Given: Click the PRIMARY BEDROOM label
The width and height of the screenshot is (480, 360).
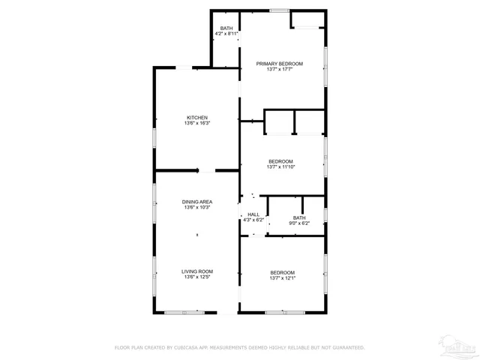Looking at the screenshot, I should pyautogui.click(x=279, y=64).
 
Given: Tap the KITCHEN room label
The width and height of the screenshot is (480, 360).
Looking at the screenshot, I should pyautogui.click(x=197, y=118).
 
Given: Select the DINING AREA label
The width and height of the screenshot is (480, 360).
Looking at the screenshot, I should pyautogui.click(x=196, y=202).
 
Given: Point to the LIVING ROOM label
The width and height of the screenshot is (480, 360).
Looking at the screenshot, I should pyautogui.click(x=196, y=271).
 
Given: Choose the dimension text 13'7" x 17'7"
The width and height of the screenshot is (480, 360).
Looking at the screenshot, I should pyautogui.click(x=279, y=70).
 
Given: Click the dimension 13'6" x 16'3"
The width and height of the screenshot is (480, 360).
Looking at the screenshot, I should pyautogui.click(x=197, y=124).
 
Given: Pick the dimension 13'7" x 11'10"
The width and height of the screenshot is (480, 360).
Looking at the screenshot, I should pyautogui.click(x=281, y=167).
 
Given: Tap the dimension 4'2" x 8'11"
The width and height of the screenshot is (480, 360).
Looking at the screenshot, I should pyautogui.click(x=226, y=34).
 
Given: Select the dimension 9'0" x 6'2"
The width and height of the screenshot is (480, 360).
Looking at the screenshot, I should pyautogui.click(x=299, y=223).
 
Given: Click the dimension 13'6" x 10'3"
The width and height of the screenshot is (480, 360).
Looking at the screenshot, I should pyautogui.click(x=196, y=208).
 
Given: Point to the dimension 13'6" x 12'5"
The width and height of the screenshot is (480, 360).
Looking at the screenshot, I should pyautogui.click(x=196, y=277).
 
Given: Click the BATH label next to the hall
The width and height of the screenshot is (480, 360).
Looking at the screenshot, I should pyautogui.click(x=299, y=217).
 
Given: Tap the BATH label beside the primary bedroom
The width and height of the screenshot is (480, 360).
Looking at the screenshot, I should pyautogui.click(x=226, y=28).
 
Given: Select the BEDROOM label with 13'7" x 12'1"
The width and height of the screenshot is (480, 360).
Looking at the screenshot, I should pyautogui.click(x=282, y=272).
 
